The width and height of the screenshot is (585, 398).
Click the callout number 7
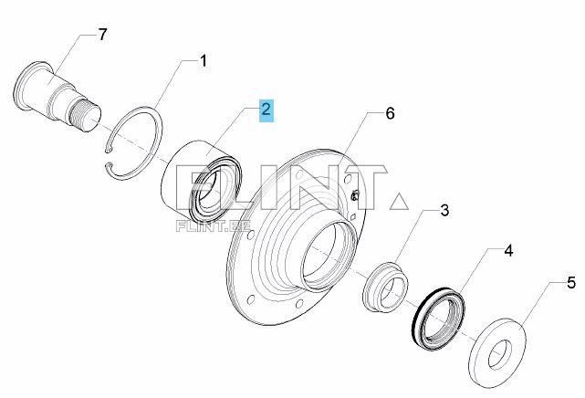(103, 35)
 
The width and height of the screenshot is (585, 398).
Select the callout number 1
(203, 61)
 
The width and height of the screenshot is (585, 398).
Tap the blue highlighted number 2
(266, 111)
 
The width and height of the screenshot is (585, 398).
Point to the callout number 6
(389, 114)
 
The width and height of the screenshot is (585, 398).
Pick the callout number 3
(444, 211)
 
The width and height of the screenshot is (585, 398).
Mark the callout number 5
(570, 283)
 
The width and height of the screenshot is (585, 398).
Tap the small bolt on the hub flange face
(354, 194)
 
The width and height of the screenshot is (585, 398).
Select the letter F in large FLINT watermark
(190, 187)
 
